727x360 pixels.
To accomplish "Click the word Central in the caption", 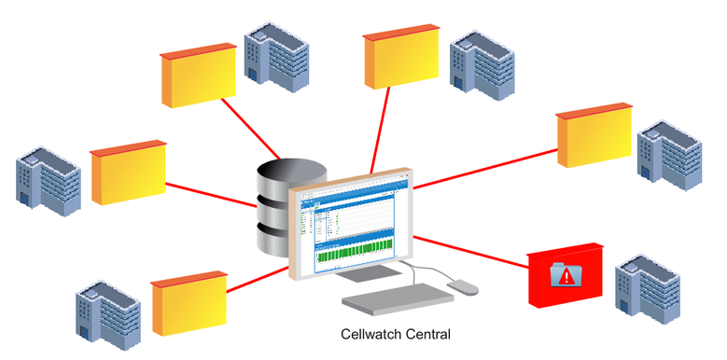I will (426, 332).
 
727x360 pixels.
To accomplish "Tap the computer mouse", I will (461, 286).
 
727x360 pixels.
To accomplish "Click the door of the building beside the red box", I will (623, 300).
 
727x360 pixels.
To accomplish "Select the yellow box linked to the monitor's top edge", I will (402, 62).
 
